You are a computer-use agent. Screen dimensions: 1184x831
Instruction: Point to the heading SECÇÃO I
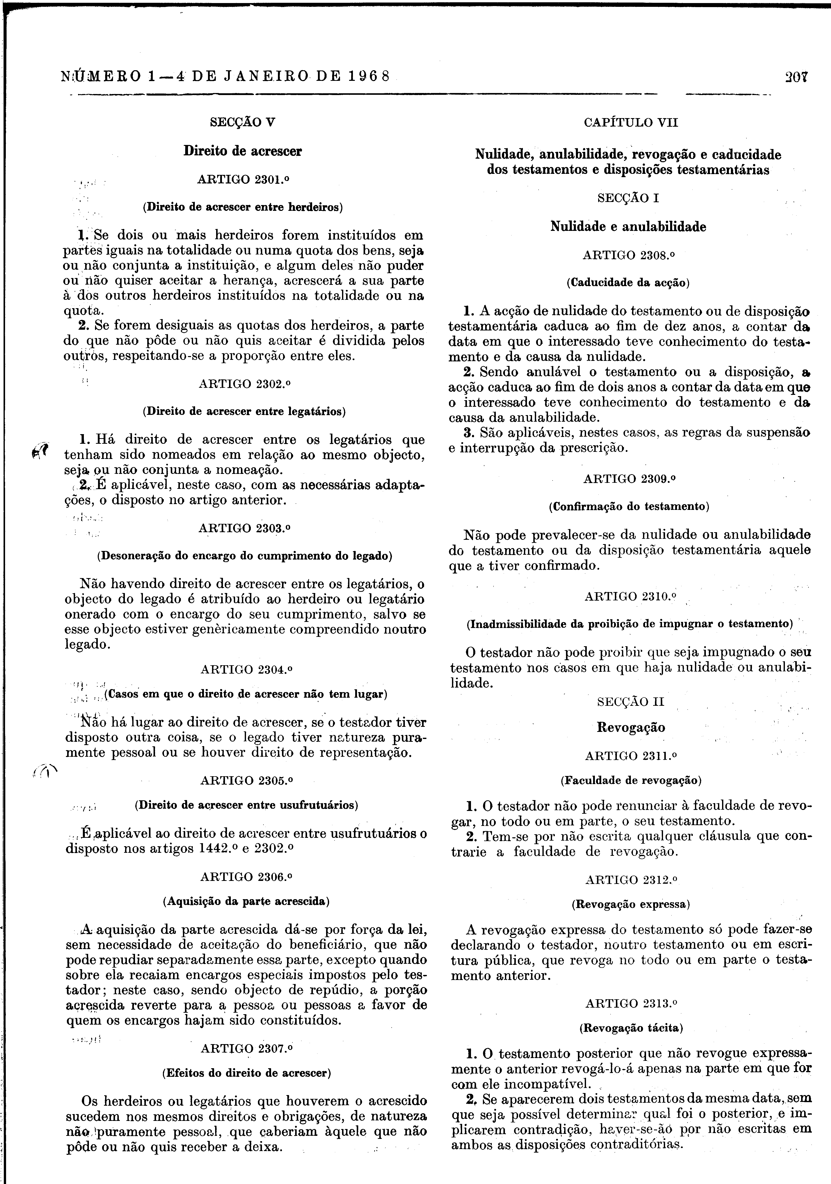pos(628,198)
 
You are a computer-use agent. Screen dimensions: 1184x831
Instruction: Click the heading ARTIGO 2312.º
pos(631,880)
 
